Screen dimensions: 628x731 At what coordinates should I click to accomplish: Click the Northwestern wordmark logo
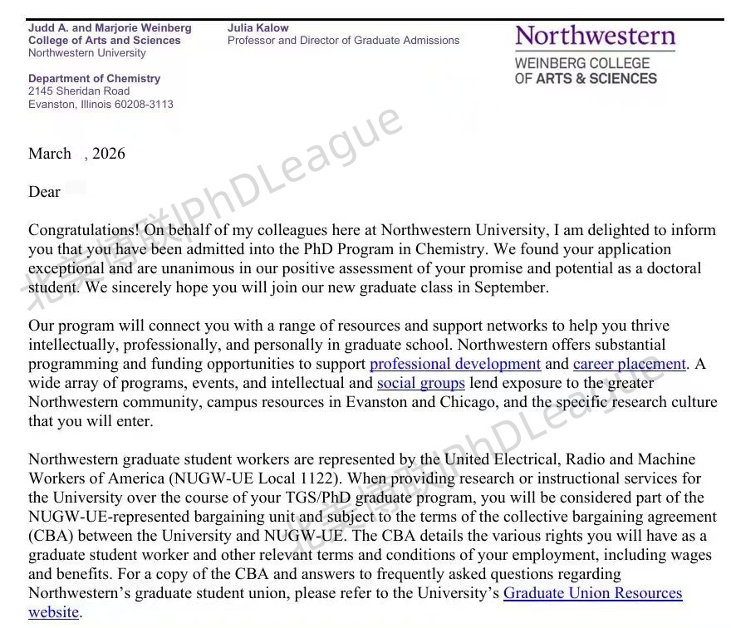595,37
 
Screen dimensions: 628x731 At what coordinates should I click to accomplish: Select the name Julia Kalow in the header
258,27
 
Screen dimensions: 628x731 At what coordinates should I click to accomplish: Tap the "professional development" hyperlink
455,364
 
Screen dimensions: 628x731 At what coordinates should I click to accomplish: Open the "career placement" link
629,364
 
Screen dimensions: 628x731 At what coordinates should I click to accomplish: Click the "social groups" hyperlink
420,383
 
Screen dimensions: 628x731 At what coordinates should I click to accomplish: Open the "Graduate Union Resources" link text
592,593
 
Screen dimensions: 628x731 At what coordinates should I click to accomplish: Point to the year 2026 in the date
109,154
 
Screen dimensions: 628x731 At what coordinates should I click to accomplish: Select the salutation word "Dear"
45,192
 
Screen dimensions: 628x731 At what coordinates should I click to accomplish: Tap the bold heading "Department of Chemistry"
94,79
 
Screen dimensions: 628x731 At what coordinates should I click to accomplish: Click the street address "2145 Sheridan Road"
79,91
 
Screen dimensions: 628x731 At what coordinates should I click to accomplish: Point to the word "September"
513,287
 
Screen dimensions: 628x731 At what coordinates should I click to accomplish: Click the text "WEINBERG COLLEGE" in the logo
581,63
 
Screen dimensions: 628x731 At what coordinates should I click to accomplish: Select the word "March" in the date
50,154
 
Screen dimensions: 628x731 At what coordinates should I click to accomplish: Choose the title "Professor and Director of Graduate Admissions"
343,40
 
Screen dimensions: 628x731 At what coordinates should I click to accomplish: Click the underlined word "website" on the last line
53,612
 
